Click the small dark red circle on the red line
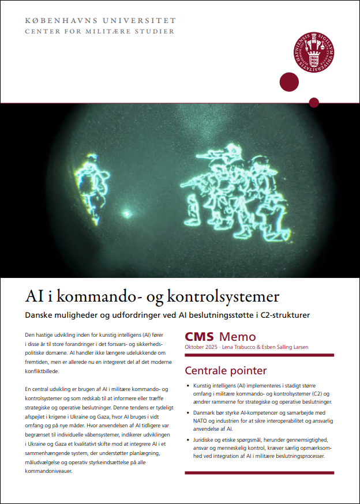314,103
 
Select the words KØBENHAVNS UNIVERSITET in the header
100,20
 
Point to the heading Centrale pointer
226,370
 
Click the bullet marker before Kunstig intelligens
189,385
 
